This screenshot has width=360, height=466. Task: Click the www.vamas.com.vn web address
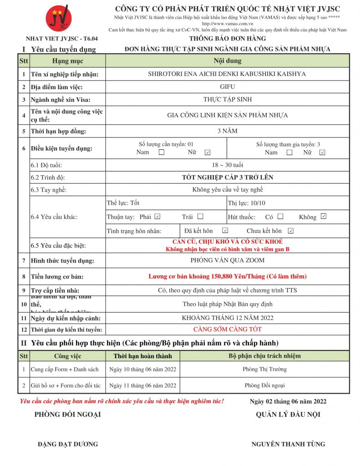(x=228, y=23)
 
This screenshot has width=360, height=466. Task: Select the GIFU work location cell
(x=227, y=86)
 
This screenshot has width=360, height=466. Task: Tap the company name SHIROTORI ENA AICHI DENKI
(x=227, y=74)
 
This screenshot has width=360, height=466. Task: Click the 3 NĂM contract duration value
(x=227, y=131)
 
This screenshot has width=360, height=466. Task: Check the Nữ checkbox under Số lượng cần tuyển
(x=208, y=152)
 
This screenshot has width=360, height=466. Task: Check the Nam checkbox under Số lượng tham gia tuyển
(x=289, y=152)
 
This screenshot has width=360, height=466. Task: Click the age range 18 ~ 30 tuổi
(x=227, y=165)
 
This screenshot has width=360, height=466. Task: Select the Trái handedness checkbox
(x=200, y=217)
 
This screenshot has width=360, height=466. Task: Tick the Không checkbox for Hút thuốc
(x=323, y=217)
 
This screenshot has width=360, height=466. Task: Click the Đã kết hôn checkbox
(x=225, y=231)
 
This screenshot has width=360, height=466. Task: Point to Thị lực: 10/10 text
(x=246, y=203)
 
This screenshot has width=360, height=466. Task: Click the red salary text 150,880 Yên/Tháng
(x=228, y=276)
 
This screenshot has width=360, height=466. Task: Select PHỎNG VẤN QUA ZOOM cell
(x=227, y=261)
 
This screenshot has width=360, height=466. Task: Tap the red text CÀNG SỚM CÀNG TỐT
(x=227, y=329)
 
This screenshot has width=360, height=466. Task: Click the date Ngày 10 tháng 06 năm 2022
(x=143, y=369)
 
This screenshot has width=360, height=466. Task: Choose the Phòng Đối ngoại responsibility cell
(x=264, y=385)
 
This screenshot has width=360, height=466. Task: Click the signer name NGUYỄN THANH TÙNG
(x=288, y=444)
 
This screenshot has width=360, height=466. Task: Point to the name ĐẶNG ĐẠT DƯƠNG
(x=68, y=444)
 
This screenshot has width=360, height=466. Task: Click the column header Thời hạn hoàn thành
(x=143, y=356)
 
